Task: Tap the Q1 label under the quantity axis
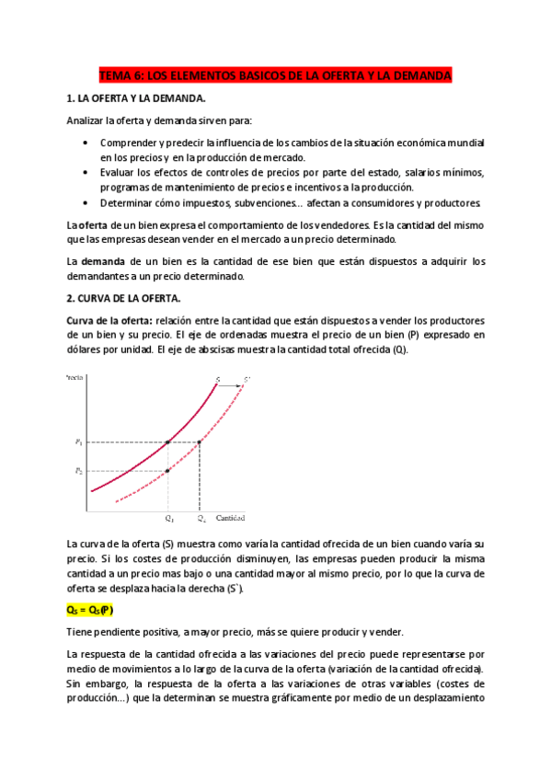pyautogui.click(x=168, y=519)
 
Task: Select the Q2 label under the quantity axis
pyautogui.click(x=201, y=519)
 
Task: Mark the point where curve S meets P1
pyautogui.click(x=167, y=442)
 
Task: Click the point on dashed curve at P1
pyautogui.click(x=200, y=442)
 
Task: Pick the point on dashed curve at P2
pyautogui.click(x=167, y=471)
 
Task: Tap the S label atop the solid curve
pyautogui.click(x=217, y=378)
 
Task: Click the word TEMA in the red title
pyautogui.click(x=115, y=75)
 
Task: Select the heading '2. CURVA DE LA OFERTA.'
pyautogui.click(x=124, y=298)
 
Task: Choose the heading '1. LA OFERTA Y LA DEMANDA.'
pyautogui.click(x=137, y=97)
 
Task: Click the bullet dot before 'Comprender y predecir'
pyautogui.click(x=86, y=143)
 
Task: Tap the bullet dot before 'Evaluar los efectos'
pyautogui.click(x=86, y=173)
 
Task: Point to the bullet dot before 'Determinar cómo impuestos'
pyautogui.click(x=86, y=202)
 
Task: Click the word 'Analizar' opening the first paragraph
pyautogui.click(x=85, y=120)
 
